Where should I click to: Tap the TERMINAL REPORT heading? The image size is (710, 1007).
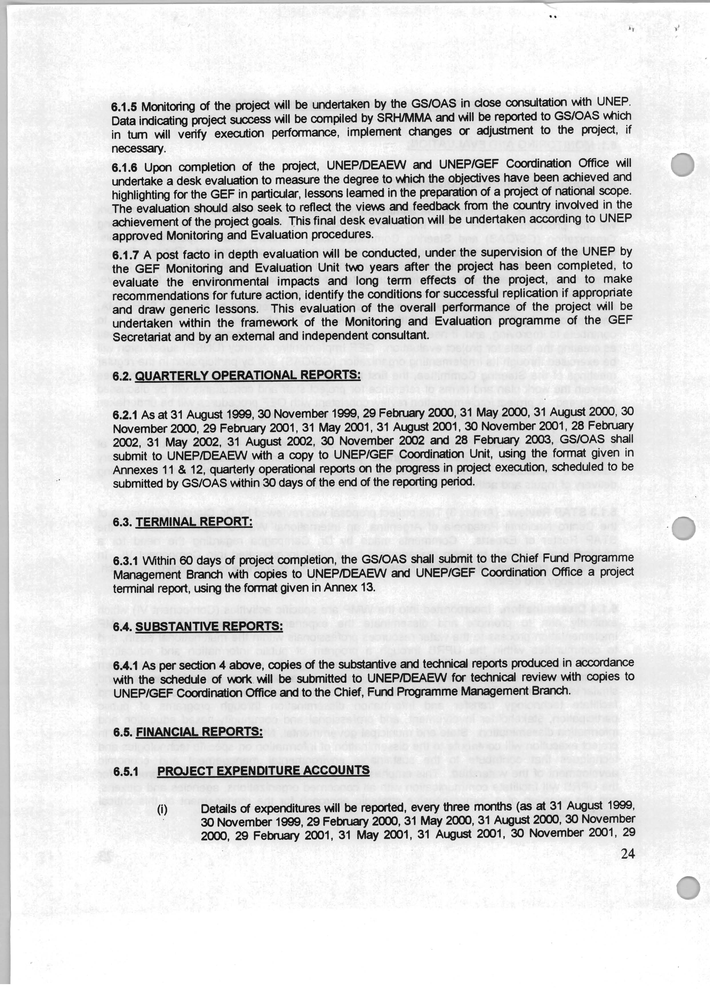(x=194, y=522)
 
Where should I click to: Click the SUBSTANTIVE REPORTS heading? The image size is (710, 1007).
(x=209, y=626)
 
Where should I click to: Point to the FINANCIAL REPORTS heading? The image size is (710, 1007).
(x=199, y=732)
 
